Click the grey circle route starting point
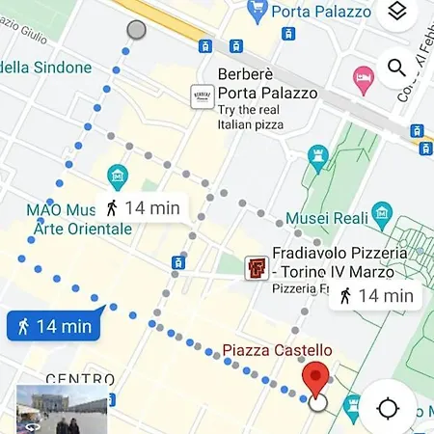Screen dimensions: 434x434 point(136,29)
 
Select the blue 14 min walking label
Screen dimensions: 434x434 point(55,326)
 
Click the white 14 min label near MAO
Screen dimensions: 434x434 point(142,207)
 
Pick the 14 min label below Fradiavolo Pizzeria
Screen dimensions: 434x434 point(376,296)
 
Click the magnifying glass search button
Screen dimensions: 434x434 point(396,68)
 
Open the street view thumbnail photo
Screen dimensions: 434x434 point(63,409)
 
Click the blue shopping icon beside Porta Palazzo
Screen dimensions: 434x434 point(257,12)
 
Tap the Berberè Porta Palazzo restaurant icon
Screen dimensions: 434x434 point(202,97)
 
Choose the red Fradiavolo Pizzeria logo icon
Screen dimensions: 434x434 point(256,265)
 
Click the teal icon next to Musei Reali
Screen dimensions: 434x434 point(382,212)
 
